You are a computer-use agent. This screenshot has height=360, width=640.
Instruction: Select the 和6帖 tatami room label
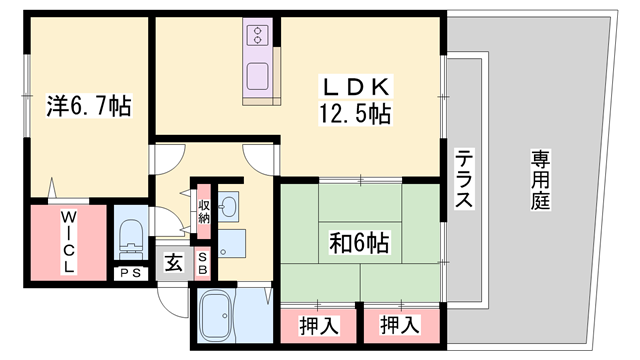(360, 241)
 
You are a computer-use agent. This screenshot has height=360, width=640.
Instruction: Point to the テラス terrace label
(464, 179)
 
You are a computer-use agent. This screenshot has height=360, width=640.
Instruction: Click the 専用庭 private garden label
(541, 180)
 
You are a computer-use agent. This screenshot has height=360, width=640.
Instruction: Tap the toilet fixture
(132, 238)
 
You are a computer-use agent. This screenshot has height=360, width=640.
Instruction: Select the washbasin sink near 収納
(229, 207)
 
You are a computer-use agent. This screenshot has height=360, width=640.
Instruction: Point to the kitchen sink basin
(258, 75)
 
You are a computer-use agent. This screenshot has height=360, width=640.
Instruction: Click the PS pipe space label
(130, 273)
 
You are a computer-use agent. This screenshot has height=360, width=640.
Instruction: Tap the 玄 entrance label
(173, 264)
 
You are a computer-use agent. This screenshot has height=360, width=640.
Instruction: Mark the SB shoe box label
(202, 263)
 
